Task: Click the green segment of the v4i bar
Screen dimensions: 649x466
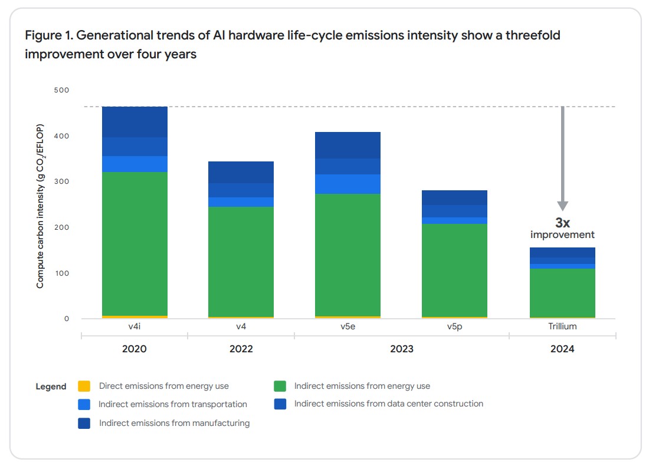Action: pyautogui.click(x=135, y=244)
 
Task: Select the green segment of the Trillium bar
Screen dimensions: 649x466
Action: pyautogui.click(x=562, y=293)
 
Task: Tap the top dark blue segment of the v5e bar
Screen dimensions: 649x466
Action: pyautogui.click(x=348, y=146)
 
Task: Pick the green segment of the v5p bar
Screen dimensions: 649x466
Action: pyautogui.click(x=454, y=270)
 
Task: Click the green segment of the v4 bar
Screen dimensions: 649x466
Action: pyautogui.click(x=241, y=262)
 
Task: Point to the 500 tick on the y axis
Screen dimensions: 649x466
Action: pyautogui.click(x=62, y=90)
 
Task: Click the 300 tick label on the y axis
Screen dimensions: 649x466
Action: pyautogui.click(x=62, y=181)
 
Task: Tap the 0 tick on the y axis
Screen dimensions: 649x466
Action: pyautogui.click(x=67, y=319)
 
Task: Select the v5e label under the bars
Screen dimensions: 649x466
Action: pyautogui.click(x=348, y=326)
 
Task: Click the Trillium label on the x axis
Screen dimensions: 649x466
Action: pyautogui.click(x=562, y=326)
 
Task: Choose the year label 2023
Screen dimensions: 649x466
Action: pyautogui.click(x=401, y=349)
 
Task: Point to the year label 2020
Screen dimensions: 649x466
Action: pyautogui.click(x=134, y=349)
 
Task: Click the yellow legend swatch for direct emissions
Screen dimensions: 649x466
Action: pyautogui.click(x=84, y=386)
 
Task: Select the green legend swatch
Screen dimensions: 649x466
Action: pyautogui.click(x=280, y=386)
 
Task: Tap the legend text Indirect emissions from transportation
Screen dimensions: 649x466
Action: pyautogui.click(x=173, y=404)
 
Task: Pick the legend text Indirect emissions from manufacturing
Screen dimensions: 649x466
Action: pyautogui.click(x=174, y=423)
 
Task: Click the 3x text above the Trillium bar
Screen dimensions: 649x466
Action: pyautogui.click(x=562, y=223)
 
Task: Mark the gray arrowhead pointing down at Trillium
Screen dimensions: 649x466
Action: pyautogui.click(x=562, y=206)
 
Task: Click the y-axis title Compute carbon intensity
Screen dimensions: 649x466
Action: pyautogui.click(x=40, y=206)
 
